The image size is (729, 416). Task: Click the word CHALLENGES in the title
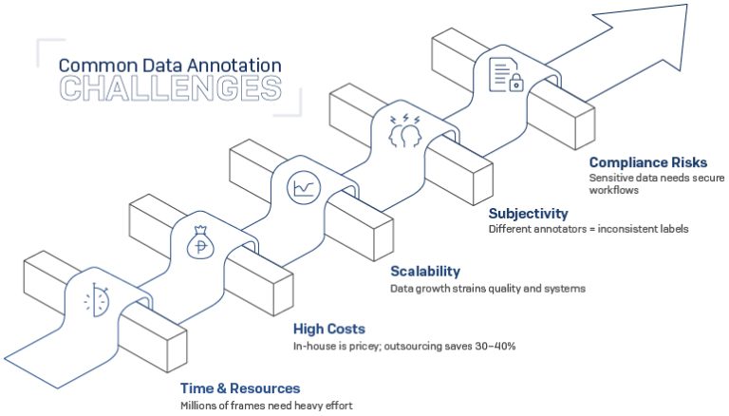(x=171, y=87)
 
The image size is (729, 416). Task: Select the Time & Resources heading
(x=240, y=388)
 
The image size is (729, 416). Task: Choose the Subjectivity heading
(x=528, y=213)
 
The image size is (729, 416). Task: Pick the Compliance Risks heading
(x=647, y=162)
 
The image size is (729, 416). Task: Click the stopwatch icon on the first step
(x=98, y=301)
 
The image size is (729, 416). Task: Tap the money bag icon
(x=200, y=244)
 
